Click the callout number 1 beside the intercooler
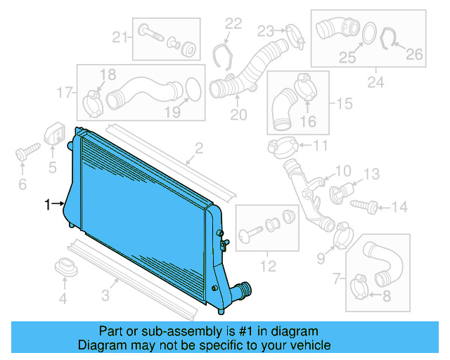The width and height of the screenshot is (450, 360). click(x=47, y=205)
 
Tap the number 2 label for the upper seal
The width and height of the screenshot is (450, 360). click(x=199, y=148)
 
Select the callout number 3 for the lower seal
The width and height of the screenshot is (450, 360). click(x=105, y=296)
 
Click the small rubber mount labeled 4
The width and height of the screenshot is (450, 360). click(x=65, y=268)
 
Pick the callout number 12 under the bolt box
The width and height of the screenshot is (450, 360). click(x=267, y=266)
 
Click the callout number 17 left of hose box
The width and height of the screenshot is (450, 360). click(x=65, y=92)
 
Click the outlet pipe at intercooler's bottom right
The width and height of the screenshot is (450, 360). click(x=242, y=288)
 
